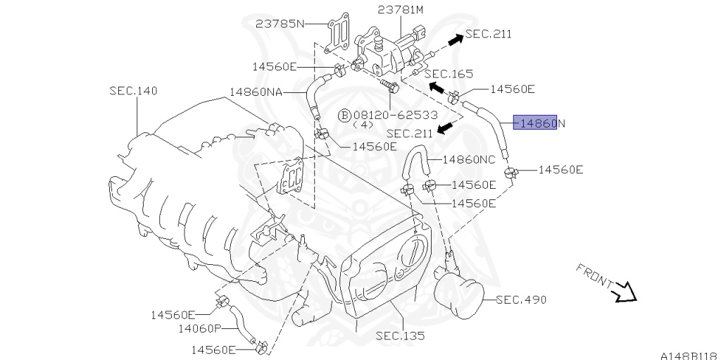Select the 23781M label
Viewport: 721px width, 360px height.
(x=401, y=9)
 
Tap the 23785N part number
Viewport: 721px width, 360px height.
(x=280, y=23)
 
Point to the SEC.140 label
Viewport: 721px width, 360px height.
(x=133, y=91)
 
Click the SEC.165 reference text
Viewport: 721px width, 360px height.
(x=449, y=73)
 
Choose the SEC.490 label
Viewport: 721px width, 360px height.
(x=521, y=299)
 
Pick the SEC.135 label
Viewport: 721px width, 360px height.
(x=400, y=336)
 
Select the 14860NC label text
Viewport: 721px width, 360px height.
(x=469, y=159)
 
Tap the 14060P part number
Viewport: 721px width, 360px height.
(x=199, y=328)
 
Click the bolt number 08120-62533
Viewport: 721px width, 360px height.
(x=396, y=114)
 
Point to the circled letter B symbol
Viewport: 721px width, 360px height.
(x=344, y=115)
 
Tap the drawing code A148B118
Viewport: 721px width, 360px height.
(x=688, y=354)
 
